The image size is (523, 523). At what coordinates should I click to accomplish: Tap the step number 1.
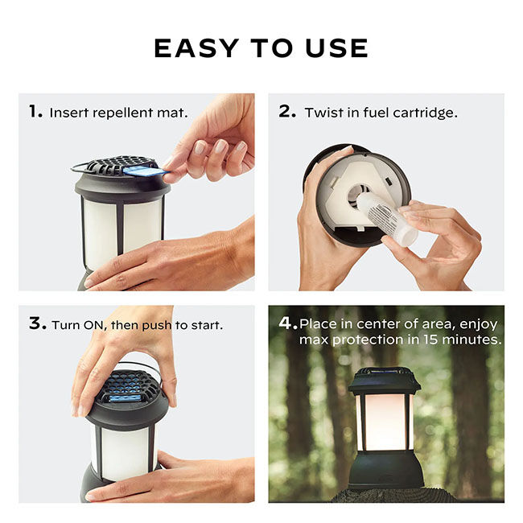(x=35, y=112)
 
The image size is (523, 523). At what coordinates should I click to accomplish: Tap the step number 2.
(x=288, y=112)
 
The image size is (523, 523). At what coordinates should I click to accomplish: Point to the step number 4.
(x=287, y=323)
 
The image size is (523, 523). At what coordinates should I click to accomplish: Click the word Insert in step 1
(x=68, y=113)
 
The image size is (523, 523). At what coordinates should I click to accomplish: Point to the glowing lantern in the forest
(x=384, y=418)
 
